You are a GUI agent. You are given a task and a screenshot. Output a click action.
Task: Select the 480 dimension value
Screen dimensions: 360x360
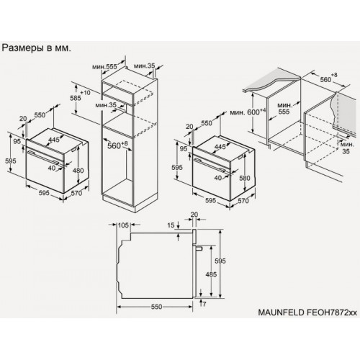pos(78,170)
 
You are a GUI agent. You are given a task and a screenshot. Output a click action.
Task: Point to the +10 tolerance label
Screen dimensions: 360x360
pos(86,94)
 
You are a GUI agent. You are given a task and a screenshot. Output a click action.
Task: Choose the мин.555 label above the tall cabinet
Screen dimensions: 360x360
pos(104,66)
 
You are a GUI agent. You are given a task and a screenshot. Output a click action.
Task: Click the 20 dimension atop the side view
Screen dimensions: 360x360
pos(194,215)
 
